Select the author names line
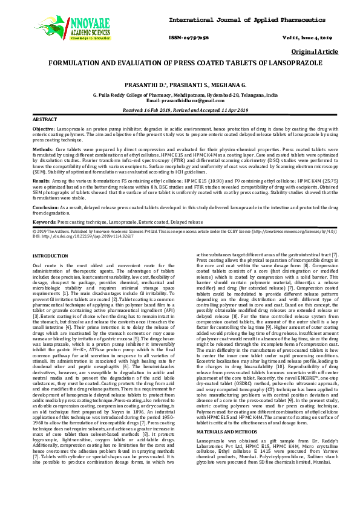(x=180, y=85)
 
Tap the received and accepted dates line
(x=180, y=110)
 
